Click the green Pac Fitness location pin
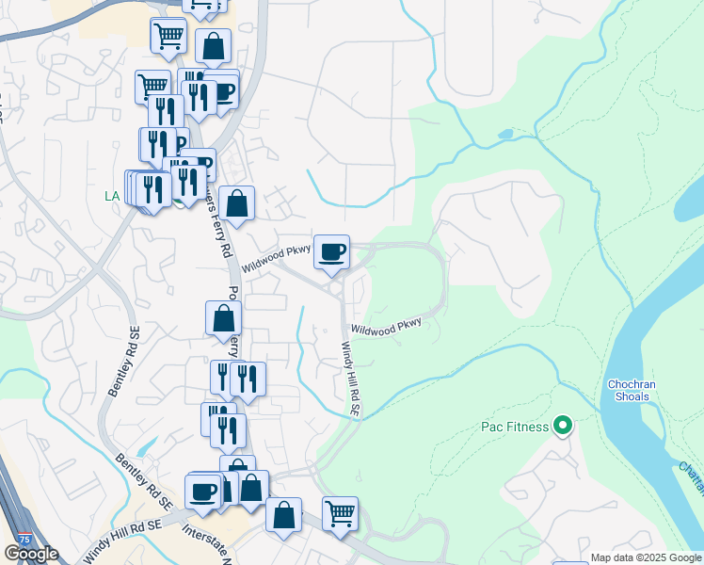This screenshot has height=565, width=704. point(563,427)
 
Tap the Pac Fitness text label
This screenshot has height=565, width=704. point(515,428)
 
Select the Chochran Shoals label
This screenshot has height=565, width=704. point(628,390)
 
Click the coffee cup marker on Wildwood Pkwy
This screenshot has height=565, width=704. point(331,252)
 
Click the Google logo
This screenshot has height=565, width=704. point(31,554)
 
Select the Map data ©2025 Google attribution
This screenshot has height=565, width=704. point(646,557)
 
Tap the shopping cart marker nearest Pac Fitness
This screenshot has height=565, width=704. point(340,514)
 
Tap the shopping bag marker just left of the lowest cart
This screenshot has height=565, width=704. point(283,516)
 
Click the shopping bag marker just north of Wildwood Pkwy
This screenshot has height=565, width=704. point(239,202)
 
